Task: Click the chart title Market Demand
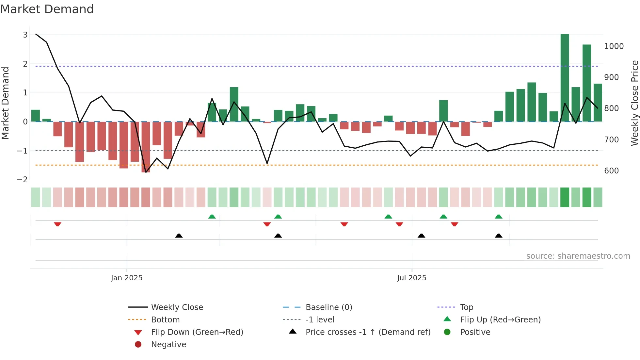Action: [47, 9]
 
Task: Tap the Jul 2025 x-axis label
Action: [412, 278]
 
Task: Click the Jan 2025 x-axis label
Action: [127, 278]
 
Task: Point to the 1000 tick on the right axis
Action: [614, 46]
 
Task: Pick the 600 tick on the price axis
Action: [612, 171]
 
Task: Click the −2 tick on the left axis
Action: [22, 180]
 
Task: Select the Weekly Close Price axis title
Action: [634, 103]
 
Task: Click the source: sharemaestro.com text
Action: [578, 256]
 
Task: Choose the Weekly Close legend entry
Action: [177, 307]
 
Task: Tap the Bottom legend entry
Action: [165, 320]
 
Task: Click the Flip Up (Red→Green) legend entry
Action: [500, 320]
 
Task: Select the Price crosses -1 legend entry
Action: [368, 332]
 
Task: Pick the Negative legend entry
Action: [168, 345]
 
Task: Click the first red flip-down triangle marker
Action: [57, 224]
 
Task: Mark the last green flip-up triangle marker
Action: [498, 217]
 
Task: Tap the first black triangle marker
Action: [179, 236]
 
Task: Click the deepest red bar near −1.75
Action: [146, 147]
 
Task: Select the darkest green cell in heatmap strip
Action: [565, 197]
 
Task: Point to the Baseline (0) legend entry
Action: [328, 307]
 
